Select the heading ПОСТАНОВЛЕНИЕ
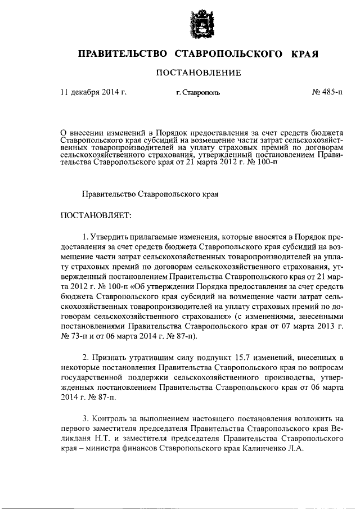pyautogui.click(x=199, y=73)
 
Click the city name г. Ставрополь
pyautogui.click(x=198, y=92)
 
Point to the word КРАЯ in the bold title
pyautogui.click(x=305, y=54)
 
